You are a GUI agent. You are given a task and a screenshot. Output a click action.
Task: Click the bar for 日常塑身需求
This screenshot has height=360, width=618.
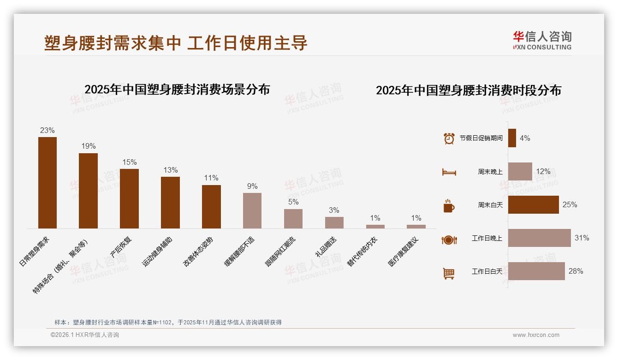click(x=48, y=182)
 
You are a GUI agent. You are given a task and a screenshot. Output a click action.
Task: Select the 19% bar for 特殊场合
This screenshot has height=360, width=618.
click(x=88, y=191)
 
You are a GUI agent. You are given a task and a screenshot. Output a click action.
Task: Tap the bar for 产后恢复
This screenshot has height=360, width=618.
click(x=129, y=198)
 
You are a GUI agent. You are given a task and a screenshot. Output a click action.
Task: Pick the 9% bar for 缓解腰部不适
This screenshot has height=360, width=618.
click(x=252, y=210)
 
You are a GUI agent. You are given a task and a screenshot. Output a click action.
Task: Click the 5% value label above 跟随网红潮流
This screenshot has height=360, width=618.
click(x=293, y=202)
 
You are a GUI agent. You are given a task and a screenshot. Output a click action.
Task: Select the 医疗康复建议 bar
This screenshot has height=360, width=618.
click(x=416, y=227)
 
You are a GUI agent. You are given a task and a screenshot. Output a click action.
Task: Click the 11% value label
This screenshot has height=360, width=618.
click(x=211, y=178)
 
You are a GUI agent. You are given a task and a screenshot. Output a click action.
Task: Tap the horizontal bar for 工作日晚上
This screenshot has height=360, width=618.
click(x=539, y=238)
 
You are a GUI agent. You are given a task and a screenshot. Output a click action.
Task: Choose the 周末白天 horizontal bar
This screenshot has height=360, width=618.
click(x=533, y=205)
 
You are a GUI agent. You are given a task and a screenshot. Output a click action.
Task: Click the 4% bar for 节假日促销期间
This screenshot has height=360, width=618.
click(x=512, y=138)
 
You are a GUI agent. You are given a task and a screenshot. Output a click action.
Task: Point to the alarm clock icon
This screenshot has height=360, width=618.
click(x=449, y=138)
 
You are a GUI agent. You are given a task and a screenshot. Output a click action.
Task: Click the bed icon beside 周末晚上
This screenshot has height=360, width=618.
click(x=449, y=172)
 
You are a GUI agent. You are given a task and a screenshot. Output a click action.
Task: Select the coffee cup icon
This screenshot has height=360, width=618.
click(x=449, y=206)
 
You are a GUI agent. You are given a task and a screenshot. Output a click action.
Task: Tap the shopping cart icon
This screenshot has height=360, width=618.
click(x=449, y=273)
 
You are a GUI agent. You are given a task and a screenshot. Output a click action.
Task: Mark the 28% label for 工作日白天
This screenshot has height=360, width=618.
click(x=576, y=271)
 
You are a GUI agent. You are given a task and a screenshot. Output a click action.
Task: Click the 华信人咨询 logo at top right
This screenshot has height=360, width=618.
click(x=542, y=40)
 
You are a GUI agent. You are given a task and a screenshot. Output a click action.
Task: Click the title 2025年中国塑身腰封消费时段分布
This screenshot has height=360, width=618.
click(x=469, y=90)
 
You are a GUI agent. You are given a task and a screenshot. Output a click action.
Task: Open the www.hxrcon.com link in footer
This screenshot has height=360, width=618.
click(x=536, y=335)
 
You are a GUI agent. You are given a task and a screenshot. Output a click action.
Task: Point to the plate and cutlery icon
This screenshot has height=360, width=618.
click(x=449, y=240)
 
